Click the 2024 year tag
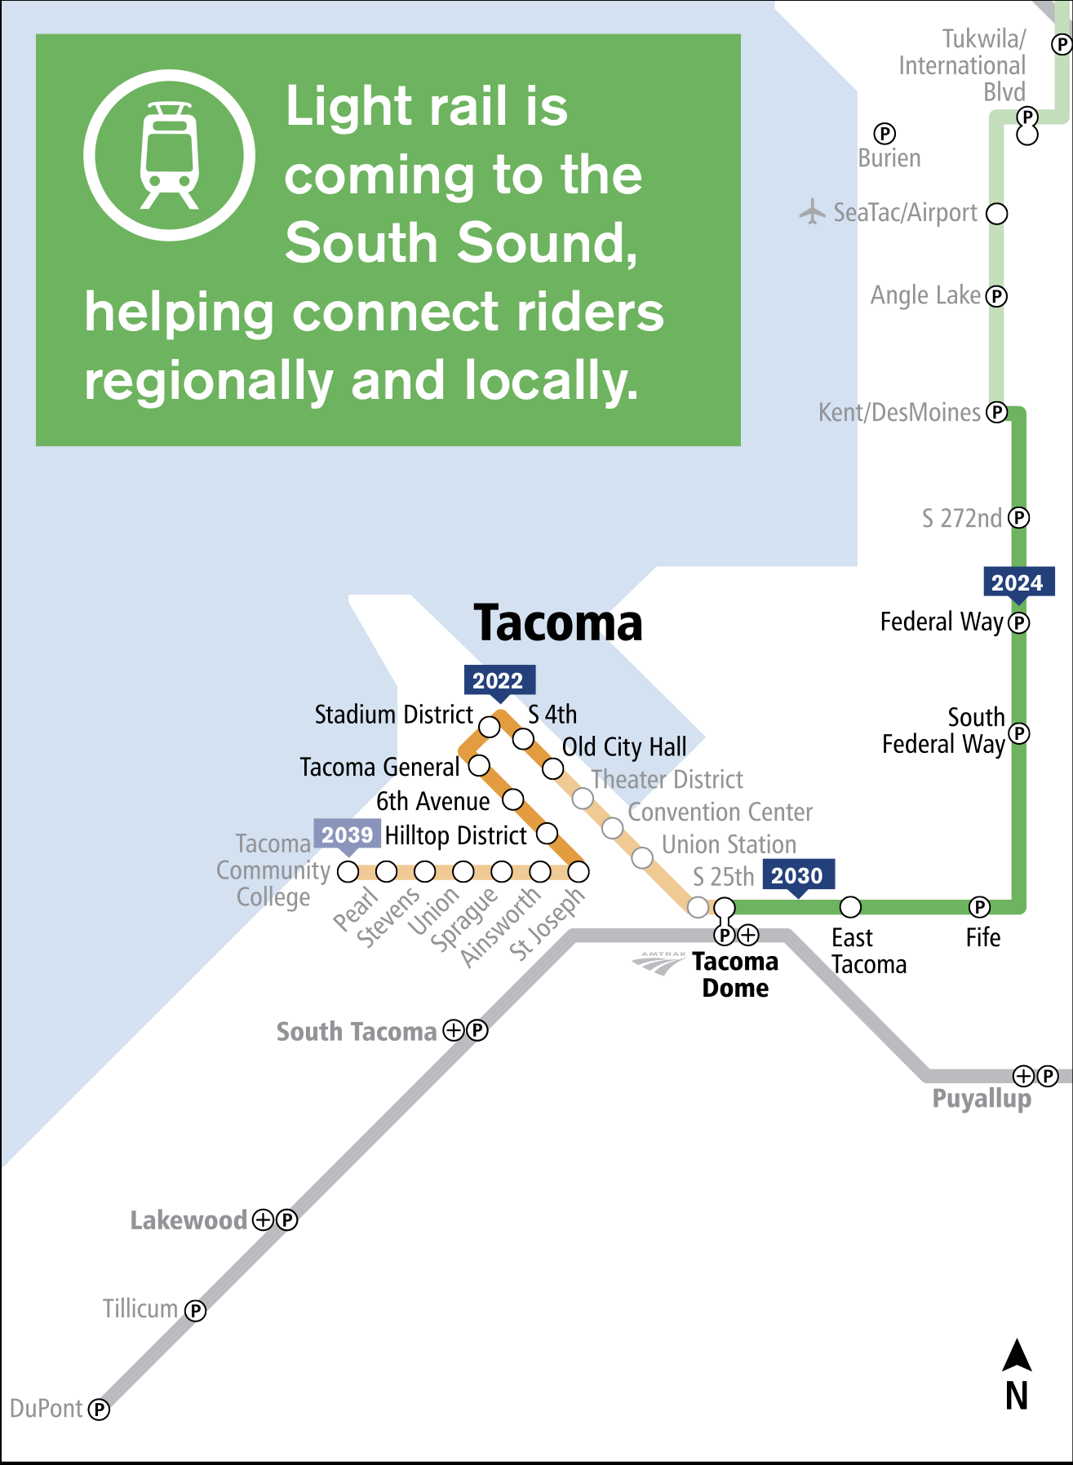1018,582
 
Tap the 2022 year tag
499,680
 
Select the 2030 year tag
797,875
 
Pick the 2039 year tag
347,834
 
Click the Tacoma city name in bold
558,623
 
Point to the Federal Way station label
942,622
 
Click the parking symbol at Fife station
979,906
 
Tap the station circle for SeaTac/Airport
997,214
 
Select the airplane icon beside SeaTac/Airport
812,211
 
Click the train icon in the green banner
169,155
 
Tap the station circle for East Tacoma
850,906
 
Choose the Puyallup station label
982,1099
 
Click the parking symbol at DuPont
99,1410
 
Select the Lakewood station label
188,1220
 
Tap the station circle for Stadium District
489,726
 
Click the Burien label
889,158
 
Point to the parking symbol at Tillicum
195,1311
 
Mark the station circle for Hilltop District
547,834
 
